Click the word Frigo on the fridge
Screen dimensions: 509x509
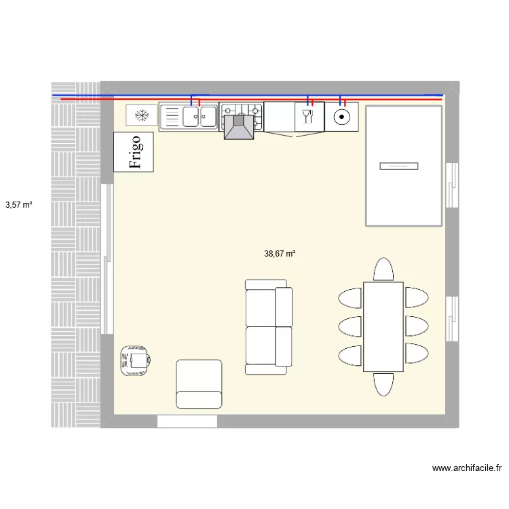pos(134,152)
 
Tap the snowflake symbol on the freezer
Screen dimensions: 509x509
pos(142,115)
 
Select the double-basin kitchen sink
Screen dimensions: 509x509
pos(189,117)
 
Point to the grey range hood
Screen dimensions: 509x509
pos(239,127)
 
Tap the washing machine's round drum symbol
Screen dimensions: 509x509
pos(342,117)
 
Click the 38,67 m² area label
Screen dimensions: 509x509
pos(280,254)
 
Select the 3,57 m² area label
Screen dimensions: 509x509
pos(19,204)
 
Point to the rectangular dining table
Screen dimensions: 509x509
pos(383,326)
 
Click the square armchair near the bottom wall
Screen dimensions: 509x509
pos(199,384)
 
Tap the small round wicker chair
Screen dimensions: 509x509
pos(135,360)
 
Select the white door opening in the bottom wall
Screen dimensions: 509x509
pos(187,421)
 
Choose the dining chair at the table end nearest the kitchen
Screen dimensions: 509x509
pos(383,269)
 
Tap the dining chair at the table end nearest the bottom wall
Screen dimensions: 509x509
pos(383,384)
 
